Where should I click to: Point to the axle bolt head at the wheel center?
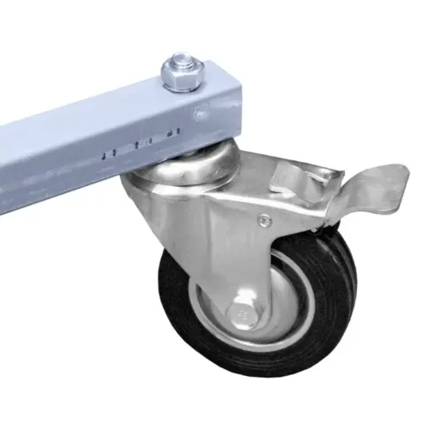(242, 313)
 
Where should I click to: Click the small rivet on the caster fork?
(264, 221)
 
